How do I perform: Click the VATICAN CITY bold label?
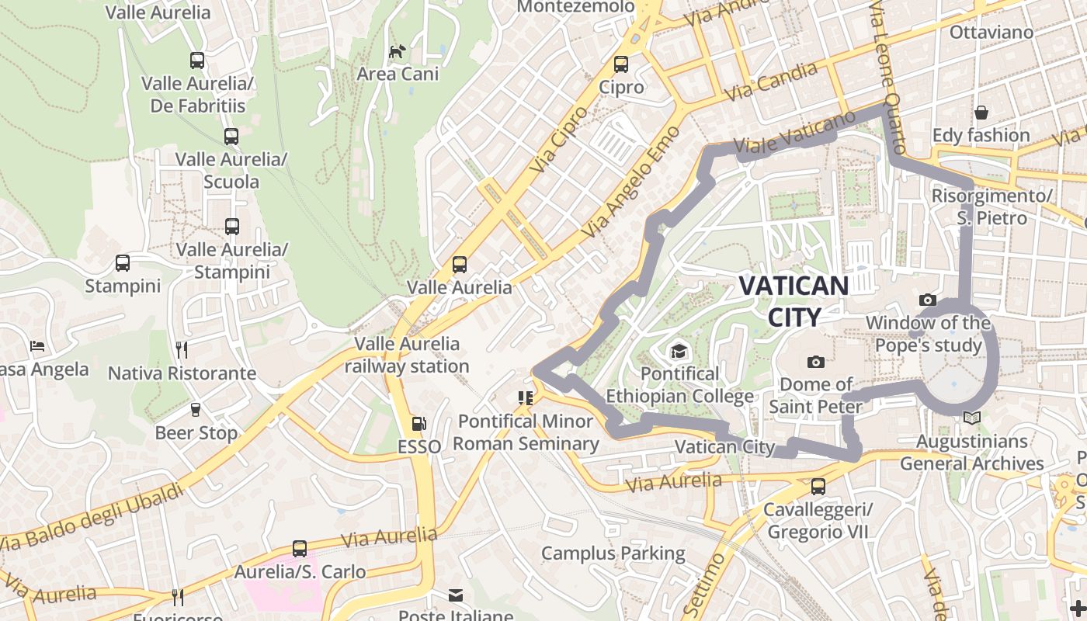pos(793,300)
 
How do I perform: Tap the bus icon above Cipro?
pos(620,64)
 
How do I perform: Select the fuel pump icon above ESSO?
pos(418,424)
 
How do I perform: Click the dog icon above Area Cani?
pos(398,51)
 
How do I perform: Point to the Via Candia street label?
pos(770,82)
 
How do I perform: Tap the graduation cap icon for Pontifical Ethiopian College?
pos(679,352)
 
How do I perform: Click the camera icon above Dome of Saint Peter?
pos(815,362)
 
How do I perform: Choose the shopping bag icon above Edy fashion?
pos(981,113)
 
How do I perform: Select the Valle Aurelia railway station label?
pos(407,355)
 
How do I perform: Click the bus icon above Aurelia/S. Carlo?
pos(300,549)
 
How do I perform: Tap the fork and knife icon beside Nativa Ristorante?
pos(182,350)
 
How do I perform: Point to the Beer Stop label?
pos(196,432)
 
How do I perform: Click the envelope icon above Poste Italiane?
pos(456,595)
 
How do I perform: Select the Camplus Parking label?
pos(613,553)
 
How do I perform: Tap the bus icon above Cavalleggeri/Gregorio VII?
pos(818,487)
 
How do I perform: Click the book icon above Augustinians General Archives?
pos(971,418)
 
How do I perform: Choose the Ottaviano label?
pos(991,33)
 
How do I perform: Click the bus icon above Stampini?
pos(123,263)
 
